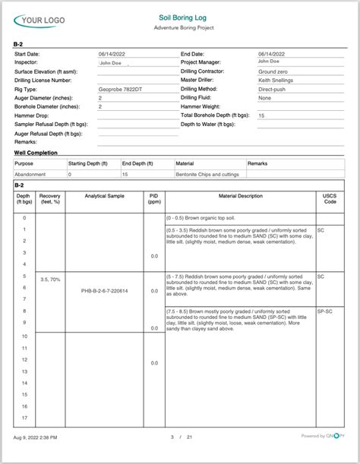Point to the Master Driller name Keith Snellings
click(x=277, y=80)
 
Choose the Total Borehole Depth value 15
click(x=261, y=115)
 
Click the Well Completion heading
click(x=36, y=153)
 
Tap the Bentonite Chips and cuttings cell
click(x=209, y=174)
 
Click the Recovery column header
click(x=50, y=198)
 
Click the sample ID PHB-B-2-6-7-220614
click(x=105, y=291)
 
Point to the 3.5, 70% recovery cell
click(x=50, y=279)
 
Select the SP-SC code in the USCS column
click(x=324, y=311)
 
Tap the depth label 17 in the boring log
click(x=24, y=417)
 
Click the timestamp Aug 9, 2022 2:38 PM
click(x=39, y=437)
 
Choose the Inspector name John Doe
click(x=111, y=63)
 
